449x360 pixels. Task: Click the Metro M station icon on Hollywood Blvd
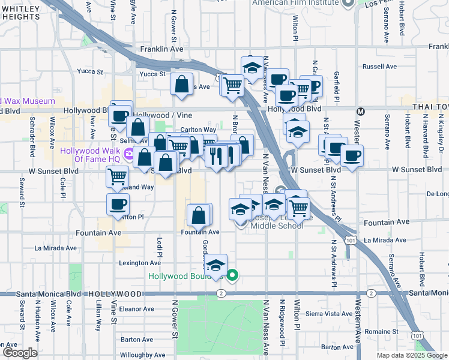tap(361, 111)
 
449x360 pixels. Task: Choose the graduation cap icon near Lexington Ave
tap(215, 265)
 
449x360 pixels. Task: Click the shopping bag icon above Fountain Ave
tap(199, 214)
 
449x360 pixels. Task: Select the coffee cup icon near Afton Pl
tap(118, 204)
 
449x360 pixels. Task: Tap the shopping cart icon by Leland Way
tap(117, 176)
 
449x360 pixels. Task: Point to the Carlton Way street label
tap(198, 129)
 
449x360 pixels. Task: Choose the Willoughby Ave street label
tap(142, 355)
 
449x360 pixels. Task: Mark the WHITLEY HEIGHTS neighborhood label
tap(20, 12)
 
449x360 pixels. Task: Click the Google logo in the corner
tap(19, 353)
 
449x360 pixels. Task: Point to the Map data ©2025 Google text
tap(412, 355)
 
